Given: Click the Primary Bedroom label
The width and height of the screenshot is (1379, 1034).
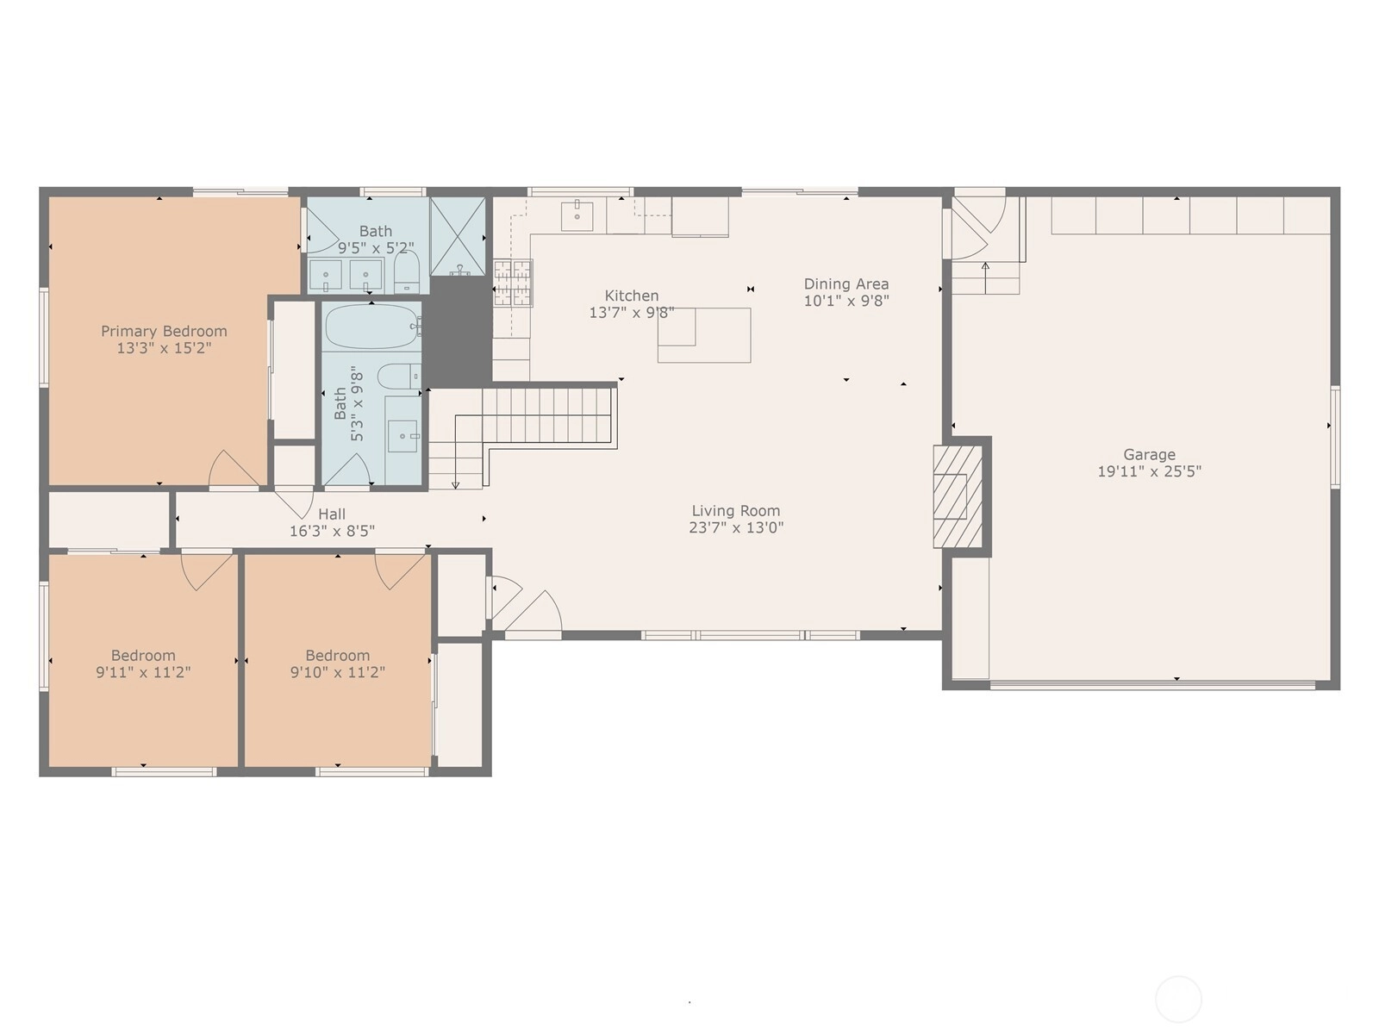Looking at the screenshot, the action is (164, 331).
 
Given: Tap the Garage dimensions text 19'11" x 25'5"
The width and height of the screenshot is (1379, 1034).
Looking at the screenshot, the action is (1149, 470).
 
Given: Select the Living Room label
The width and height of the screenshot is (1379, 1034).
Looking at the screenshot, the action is (736, 510).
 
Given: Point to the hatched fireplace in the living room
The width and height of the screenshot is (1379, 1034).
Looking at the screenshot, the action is (957, 496).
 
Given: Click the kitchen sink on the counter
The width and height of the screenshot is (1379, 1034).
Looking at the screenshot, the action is (577, 215).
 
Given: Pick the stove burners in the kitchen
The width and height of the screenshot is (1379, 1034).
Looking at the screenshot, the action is (513, 283).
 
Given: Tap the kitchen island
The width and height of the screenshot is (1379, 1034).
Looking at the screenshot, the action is (703, 335).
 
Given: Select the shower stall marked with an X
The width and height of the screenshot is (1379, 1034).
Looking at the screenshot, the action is (458, 236).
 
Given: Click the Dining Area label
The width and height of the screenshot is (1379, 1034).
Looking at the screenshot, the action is (846, 283).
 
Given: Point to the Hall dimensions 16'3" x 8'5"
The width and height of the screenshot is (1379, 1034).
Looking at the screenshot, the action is (332, 531).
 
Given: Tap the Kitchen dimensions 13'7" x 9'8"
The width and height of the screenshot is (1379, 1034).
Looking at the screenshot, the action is (632, 312).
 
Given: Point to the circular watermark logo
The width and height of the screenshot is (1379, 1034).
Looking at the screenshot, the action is (1178, 999).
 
